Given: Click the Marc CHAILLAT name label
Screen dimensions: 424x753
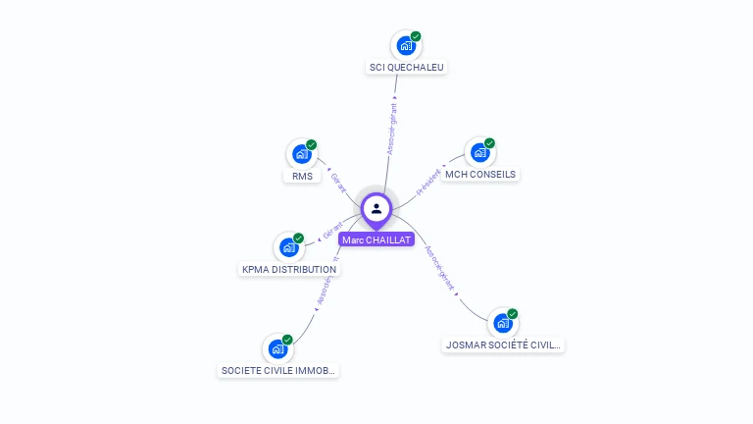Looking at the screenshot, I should pyautogui.click(x=376, y=239).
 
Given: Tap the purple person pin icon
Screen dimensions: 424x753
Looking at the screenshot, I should pyautogui.click(x=376, y=208).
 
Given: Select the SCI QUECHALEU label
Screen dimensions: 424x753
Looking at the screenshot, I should pyautogui.click(x=406, y=68).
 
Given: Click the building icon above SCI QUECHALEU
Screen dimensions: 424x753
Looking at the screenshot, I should pyautogui.click(x=405, y=45).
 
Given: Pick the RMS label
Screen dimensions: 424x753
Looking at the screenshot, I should pyautogui.click(x=302, y=177).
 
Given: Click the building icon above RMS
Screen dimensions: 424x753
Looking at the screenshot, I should pyautogui.click(x=301, y=154).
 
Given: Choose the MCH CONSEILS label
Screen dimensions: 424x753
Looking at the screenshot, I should pyautogui.click(x=479, y=175).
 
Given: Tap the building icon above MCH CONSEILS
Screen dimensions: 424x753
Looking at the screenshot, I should pyautogui.click(x=478, y=152).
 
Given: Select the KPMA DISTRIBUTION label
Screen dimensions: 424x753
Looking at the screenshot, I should pyautogui.click(x=289, y=269).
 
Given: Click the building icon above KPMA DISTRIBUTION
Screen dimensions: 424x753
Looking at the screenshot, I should pyautogui.click(x=288, y=246).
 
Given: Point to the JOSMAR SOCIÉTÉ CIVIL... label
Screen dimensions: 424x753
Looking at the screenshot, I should pyautogui.click(x=503, y=344).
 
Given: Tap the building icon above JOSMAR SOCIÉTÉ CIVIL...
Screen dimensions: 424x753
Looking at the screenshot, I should pyautogui.click(x=502, y=322).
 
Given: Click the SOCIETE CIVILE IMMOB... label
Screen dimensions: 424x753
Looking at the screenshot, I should pyautogui.click(x=278, y=371).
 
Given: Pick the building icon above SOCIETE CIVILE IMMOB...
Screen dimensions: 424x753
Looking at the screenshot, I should pyautogui.click(x=277, y=348).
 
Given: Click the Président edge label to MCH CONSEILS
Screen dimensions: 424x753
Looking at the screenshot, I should pyautogui.click(x=428, y=183).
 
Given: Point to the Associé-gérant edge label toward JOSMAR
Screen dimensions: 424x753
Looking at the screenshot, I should pyautogui.click(x=439, y=268).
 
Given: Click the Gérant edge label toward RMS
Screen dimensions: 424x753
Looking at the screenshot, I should pyautogui.click(x=338, y=183).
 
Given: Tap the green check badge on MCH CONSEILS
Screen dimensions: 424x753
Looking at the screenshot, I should pyautogui.click(x=489, y=143).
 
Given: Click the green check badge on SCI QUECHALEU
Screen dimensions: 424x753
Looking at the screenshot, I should pyautogui.click(x=416, y=36).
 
